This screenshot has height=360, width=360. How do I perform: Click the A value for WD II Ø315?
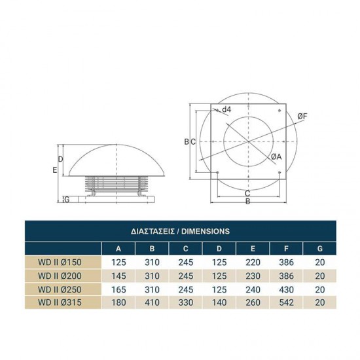click(118, 302)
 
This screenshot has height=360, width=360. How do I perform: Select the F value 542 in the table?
click(286, 302)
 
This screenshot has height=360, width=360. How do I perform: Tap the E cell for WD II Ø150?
click(253, 262)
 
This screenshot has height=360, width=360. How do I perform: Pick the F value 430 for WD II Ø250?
click(286, 289)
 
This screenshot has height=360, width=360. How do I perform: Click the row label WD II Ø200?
click(60, 276)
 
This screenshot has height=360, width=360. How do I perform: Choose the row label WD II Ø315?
click(60, 302)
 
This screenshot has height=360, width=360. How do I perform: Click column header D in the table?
click(219, 249)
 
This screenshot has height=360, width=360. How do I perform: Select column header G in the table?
click(320, 249)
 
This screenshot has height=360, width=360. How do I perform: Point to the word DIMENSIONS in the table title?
click(206, 231)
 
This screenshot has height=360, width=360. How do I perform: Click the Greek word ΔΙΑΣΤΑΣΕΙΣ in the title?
click(153, 231)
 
